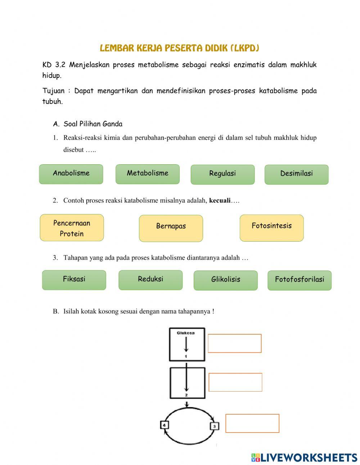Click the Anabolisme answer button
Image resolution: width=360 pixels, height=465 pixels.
tap(71, 174)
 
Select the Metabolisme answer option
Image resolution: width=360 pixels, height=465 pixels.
tap(147, 174)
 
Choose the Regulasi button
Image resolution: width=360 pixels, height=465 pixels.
tap(222, 174)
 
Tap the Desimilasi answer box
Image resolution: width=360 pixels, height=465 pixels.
tap(296, 174)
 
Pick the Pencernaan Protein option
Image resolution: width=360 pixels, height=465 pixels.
tap(72, 228)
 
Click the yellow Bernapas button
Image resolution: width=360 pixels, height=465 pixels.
tap(171, 228)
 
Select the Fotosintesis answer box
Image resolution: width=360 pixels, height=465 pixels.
tap(271, 228)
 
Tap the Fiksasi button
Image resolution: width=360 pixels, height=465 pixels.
tap(74, 280)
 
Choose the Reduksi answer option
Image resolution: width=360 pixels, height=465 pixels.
tap(150, 280)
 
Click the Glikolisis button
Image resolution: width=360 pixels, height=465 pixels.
tap(226, 280)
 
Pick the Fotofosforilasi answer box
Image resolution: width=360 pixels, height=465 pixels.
tap(300, 280)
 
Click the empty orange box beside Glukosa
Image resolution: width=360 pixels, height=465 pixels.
tap(235, 343)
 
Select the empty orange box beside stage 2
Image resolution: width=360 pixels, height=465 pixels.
tap(235, 382)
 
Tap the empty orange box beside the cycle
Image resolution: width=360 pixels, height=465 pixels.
tap(252, 423)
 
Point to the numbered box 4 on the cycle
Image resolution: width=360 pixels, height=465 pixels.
tap(164, 425)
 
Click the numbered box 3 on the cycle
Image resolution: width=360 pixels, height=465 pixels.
tap(214, 426)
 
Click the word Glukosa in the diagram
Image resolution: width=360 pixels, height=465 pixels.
tap(186, 333)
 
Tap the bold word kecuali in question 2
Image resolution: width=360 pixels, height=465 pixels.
tap(220, 201)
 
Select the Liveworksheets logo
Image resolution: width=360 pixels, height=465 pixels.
tap(304, 457)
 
